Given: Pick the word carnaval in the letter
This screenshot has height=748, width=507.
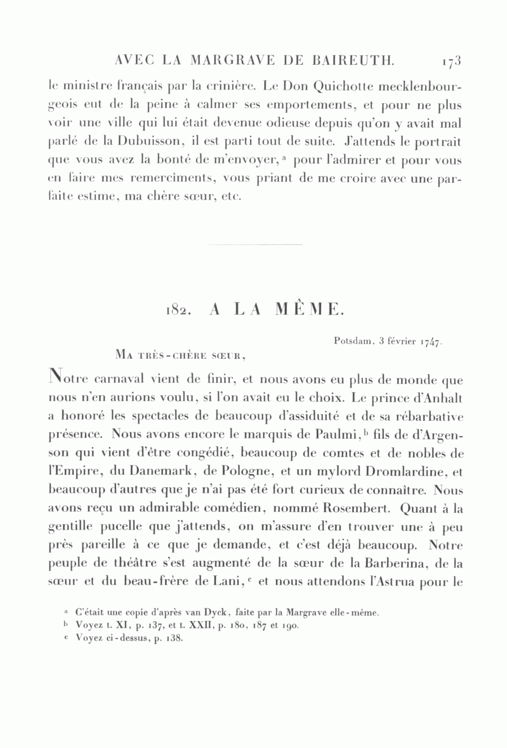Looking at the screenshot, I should click(x=116, y=380).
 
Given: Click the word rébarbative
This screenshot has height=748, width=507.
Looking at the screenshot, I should click(x=428, y=417).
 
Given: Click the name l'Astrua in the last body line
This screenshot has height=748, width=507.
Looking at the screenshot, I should click(x=390, y=581).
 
